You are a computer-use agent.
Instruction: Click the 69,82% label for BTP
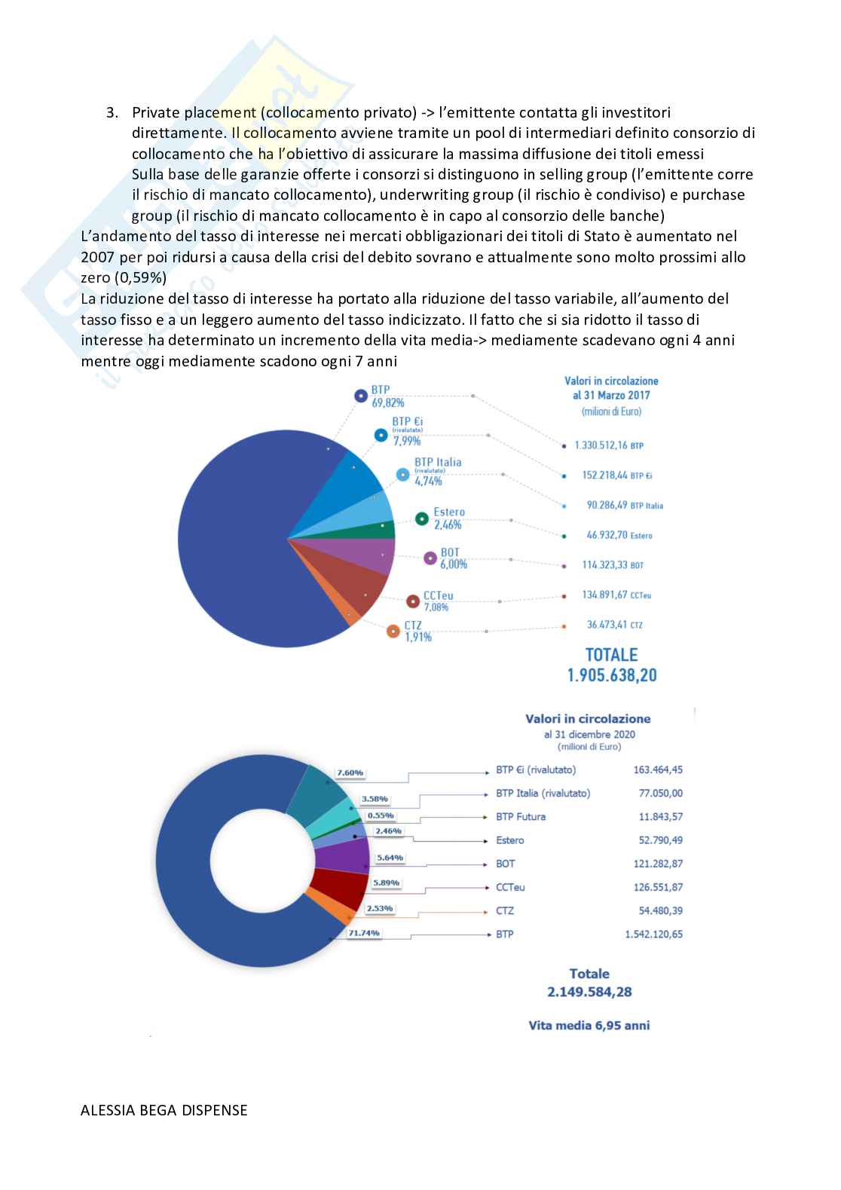pyautogui.click(x=387, y=403)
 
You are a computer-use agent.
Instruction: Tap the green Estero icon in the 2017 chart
pyautogui.click(x=422, y=519)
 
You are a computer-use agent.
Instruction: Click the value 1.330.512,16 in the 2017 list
pyautogui.click(x=601, y=445)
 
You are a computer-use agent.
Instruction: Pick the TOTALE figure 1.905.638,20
pyautogui.click(x=612, y=675)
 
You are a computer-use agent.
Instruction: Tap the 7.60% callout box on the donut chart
pyautogui.click(x=350, y=772)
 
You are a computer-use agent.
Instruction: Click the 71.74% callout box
pyautogui.click(x=364, y=933)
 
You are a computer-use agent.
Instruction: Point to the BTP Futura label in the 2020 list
pyautogui.click(x=521, y=816)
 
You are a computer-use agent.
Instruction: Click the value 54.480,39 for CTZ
pyautogui.click(x=658, y=910)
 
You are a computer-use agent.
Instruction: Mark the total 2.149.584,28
pyautogui.click(x=589, y=992)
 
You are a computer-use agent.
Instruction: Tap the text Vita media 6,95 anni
pyautogui.click(x=589, y=1025)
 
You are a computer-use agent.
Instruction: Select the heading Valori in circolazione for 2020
pyautogui.click(x=588, y=719)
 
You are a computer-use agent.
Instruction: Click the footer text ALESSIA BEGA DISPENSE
pyautogui.click(x=164, y=1110)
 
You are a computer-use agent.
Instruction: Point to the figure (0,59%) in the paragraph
pyautogui.click(x=139, y=277)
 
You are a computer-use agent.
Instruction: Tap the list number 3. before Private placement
pyautogui.click(x=112, y=113)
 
